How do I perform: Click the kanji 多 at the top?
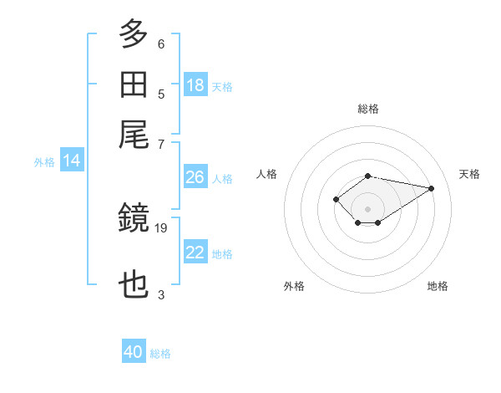tap(134, 33)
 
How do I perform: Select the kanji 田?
tap(134, 84)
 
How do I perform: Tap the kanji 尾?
tap(134, 135)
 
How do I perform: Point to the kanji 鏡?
tap(134, 217)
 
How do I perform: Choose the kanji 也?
tap(134, 284)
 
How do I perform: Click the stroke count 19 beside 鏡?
tap(160, 228)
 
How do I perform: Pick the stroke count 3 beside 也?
tap(161, 294)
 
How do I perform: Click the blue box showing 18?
tap(195, 84)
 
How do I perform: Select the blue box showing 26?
tap(195, 176)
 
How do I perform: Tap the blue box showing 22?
tap(195, 251)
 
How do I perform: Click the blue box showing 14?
tap(72, 160)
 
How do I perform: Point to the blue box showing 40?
tap(134, 350)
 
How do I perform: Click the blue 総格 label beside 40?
tap(160, 354)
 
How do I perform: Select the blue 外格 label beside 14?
tap(44, 162)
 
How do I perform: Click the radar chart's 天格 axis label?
tap(469, 174)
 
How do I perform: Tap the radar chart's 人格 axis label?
tap(266, 174)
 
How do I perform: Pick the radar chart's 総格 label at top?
tap(368, 109)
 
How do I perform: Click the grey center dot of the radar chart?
tap(367, 209)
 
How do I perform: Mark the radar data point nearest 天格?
tap(431, 188)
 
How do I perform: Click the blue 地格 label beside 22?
tap(222, 254)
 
